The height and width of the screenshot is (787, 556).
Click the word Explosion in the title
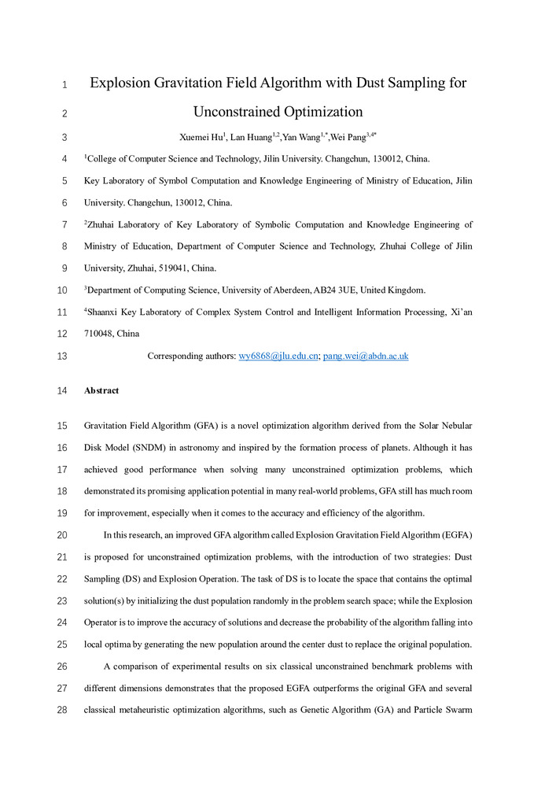coord(126,83)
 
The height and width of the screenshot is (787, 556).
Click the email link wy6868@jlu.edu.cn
coord(278,356)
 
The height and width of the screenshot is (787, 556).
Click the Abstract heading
coord(101,390)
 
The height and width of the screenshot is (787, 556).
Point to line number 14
coord(63,390)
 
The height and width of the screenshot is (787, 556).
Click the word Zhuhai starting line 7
coord(103,224)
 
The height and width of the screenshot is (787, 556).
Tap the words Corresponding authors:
coord(191,356)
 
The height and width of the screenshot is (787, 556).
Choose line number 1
coord(63,83)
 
